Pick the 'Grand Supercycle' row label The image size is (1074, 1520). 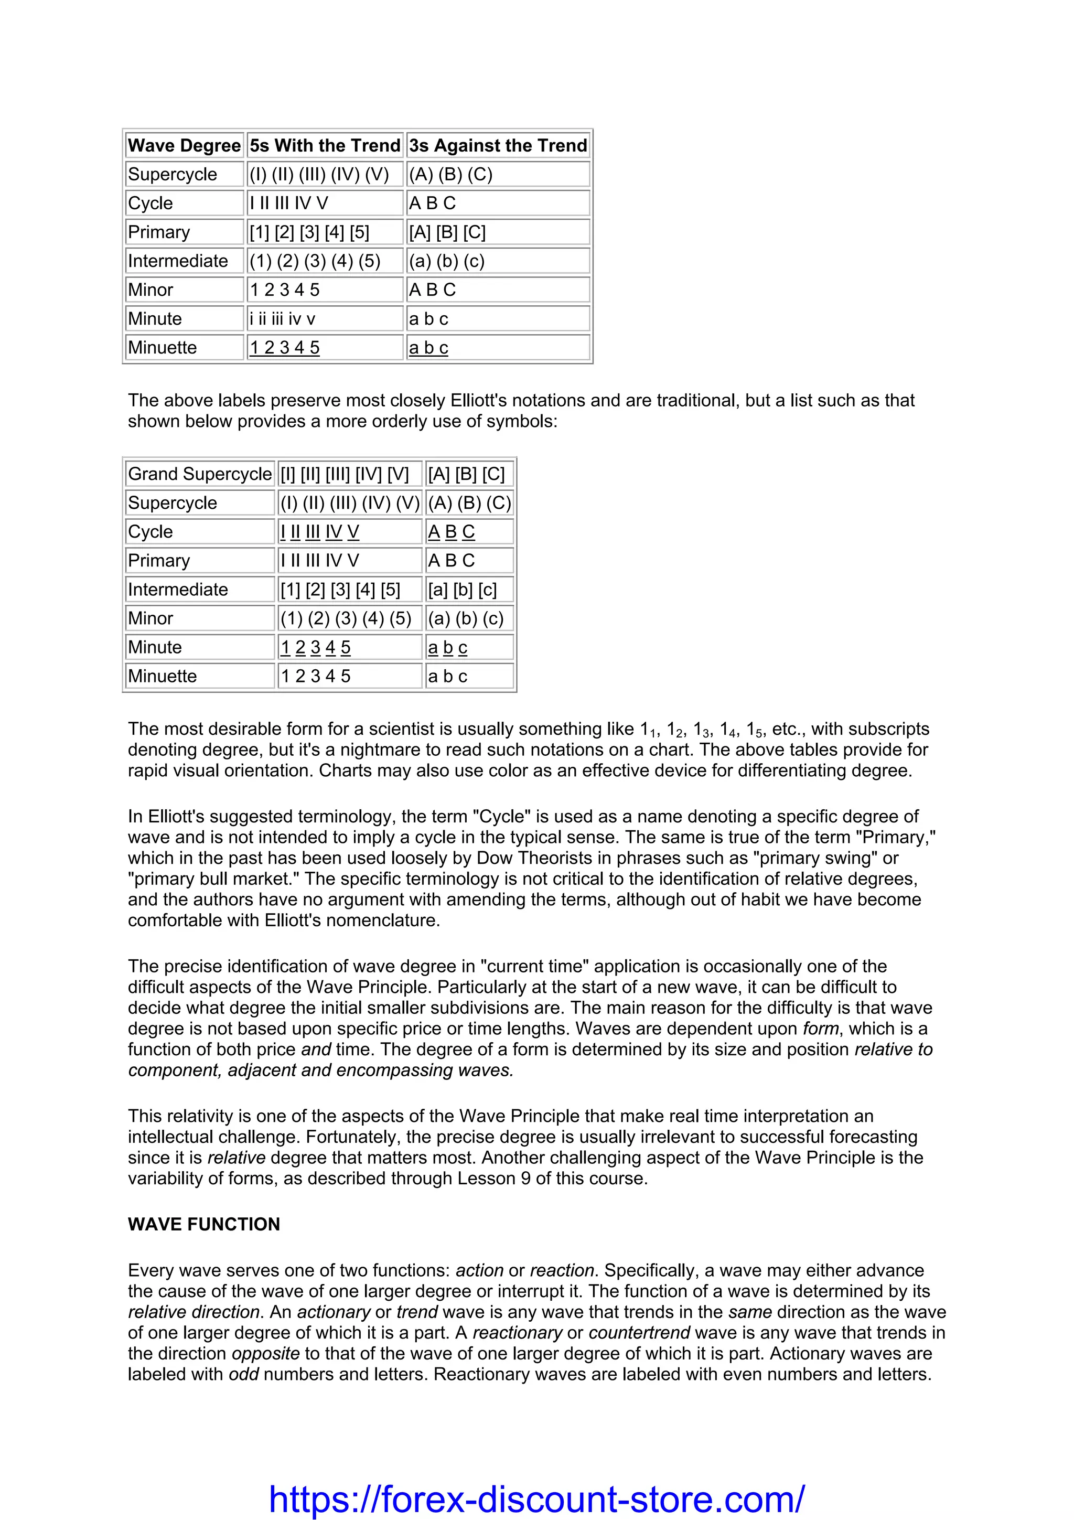[x=199, y=474]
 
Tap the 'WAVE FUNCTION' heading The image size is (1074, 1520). [x=204, y=1224]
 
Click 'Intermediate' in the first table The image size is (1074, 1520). [x=177, y=261]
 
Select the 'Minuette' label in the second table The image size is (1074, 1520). [x=162, y=676]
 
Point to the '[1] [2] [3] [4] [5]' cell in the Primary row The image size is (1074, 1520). [x=309, y=232]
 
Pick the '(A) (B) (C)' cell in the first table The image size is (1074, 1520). [x=450, y=174]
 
